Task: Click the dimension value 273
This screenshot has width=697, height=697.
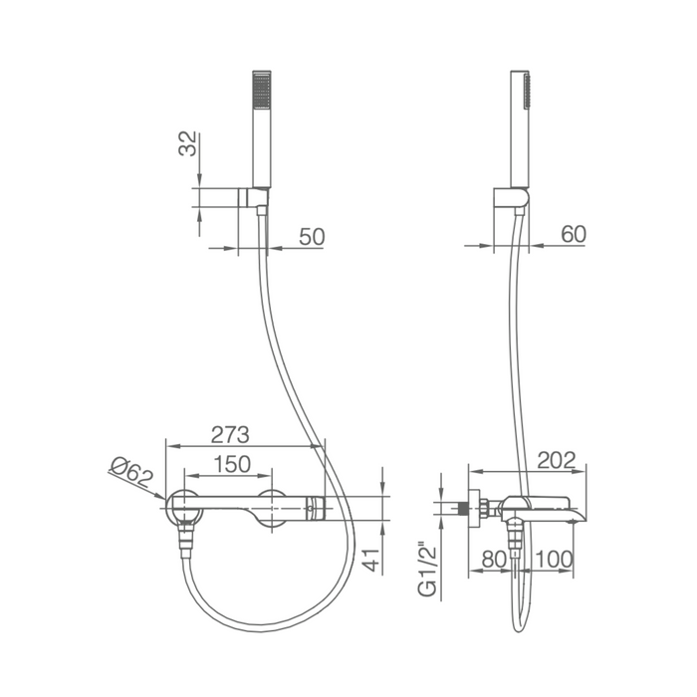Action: tap(230, 435)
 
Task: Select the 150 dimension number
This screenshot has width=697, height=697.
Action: tap(232, 464)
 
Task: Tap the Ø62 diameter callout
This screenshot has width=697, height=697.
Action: tap(131, 473)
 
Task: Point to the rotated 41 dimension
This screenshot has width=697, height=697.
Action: tap(371, 560)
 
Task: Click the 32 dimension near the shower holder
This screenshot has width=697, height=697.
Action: tap(187, 143)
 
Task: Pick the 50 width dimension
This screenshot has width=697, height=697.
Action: tap(312, 237)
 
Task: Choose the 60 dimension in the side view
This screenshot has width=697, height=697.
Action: tap(574, 234)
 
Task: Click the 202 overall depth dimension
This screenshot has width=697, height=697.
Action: tap(556, 460)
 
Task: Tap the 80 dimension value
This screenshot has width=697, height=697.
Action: tap(494, 560)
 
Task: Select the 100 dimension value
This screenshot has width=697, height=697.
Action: tap(554, 560)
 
